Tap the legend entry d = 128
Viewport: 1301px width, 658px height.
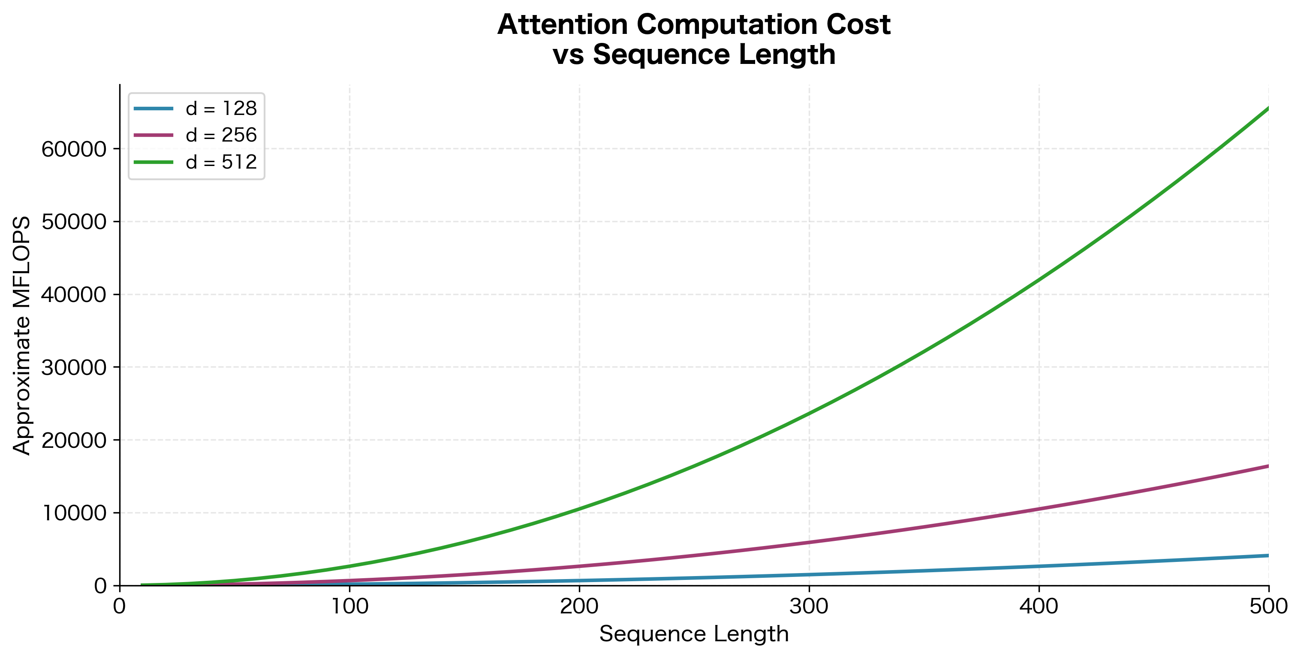[x=221, y=108]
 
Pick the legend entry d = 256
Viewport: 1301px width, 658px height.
[x=221, y=135]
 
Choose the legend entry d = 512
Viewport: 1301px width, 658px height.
[x=221, y=162]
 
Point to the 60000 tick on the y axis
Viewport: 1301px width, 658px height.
[x=74, y=149]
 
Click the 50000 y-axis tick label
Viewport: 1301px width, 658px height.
[x=74, y=222]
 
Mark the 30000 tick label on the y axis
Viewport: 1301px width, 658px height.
[x=74, y=368]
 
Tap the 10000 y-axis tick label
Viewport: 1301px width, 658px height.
[x=74, y=513]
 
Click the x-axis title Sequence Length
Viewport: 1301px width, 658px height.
[x=694, y=634]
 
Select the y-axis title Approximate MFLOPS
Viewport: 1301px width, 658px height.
[x=22, y=335]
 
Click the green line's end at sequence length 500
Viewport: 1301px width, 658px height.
[x=1268, y=108]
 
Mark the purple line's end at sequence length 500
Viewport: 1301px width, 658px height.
[x=1268, y=466]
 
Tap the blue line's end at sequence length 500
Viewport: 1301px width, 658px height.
[x=1268, y=555]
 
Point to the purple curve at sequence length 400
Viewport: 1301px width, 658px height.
[x=1039, y=509]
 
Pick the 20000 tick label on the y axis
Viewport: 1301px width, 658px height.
[x=74, y=440]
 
